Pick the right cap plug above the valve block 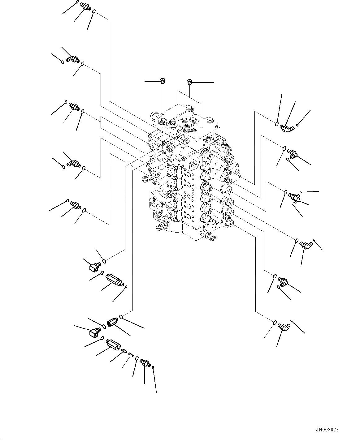189,82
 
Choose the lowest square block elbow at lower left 93,333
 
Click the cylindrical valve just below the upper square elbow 114,279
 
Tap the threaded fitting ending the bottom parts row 145,363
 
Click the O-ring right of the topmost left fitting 94,12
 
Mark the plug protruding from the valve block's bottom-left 160,228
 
